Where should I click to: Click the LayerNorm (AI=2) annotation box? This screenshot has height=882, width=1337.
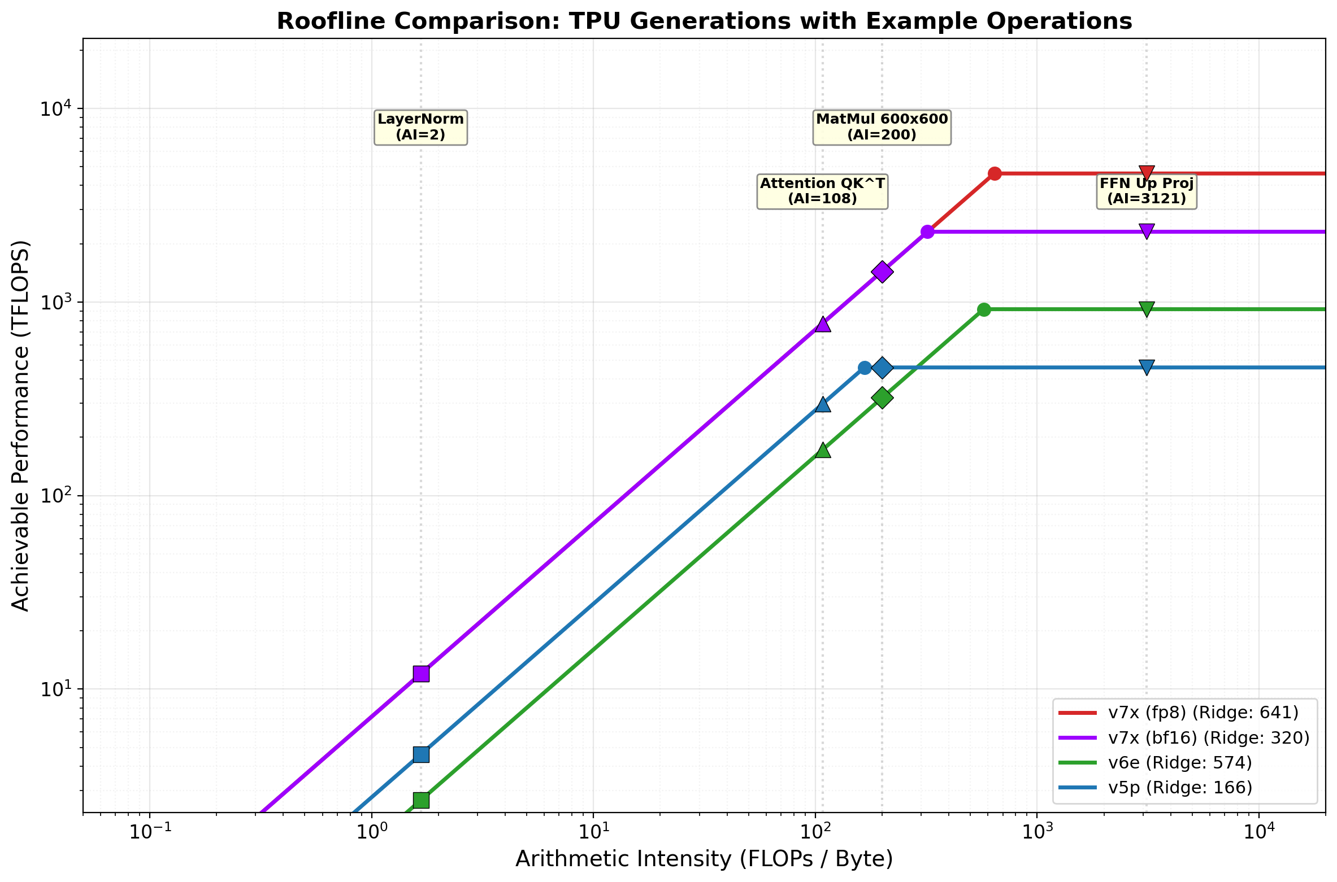(420, 127)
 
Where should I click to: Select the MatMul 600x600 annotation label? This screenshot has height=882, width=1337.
(882, 127)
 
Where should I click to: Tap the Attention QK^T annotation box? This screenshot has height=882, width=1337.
(822, 191)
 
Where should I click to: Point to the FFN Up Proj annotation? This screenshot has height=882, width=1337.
(1147, 191)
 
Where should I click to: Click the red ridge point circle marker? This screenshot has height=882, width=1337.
(995, 173)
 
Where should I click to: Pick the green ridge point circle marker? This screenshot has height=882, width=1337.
(984, 309)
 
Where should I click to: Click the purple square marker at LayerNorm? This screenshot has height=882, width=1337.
(420, 674)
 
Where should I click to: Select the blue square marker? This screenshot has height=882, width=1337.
(420, 754)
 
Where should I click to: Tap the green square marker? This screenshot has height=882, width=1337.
(420, 800)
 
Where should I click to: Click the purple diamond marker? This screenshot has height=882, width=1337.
(882, 272)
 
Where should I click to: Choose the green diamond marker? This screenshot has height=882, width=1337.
(882, 398)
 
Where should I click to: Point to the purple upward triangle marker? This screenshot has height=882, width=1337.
(823, 324)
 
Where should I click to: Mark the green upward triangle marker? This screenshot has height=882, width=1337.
(823, 450)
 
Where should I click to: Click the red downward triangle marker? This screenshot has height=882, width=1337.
(1147, 172)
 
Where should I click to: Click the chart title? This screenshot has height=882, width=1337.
(704, 21)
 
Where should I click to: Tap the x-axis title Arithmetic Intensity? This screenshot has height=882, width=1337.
(704, 859)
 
